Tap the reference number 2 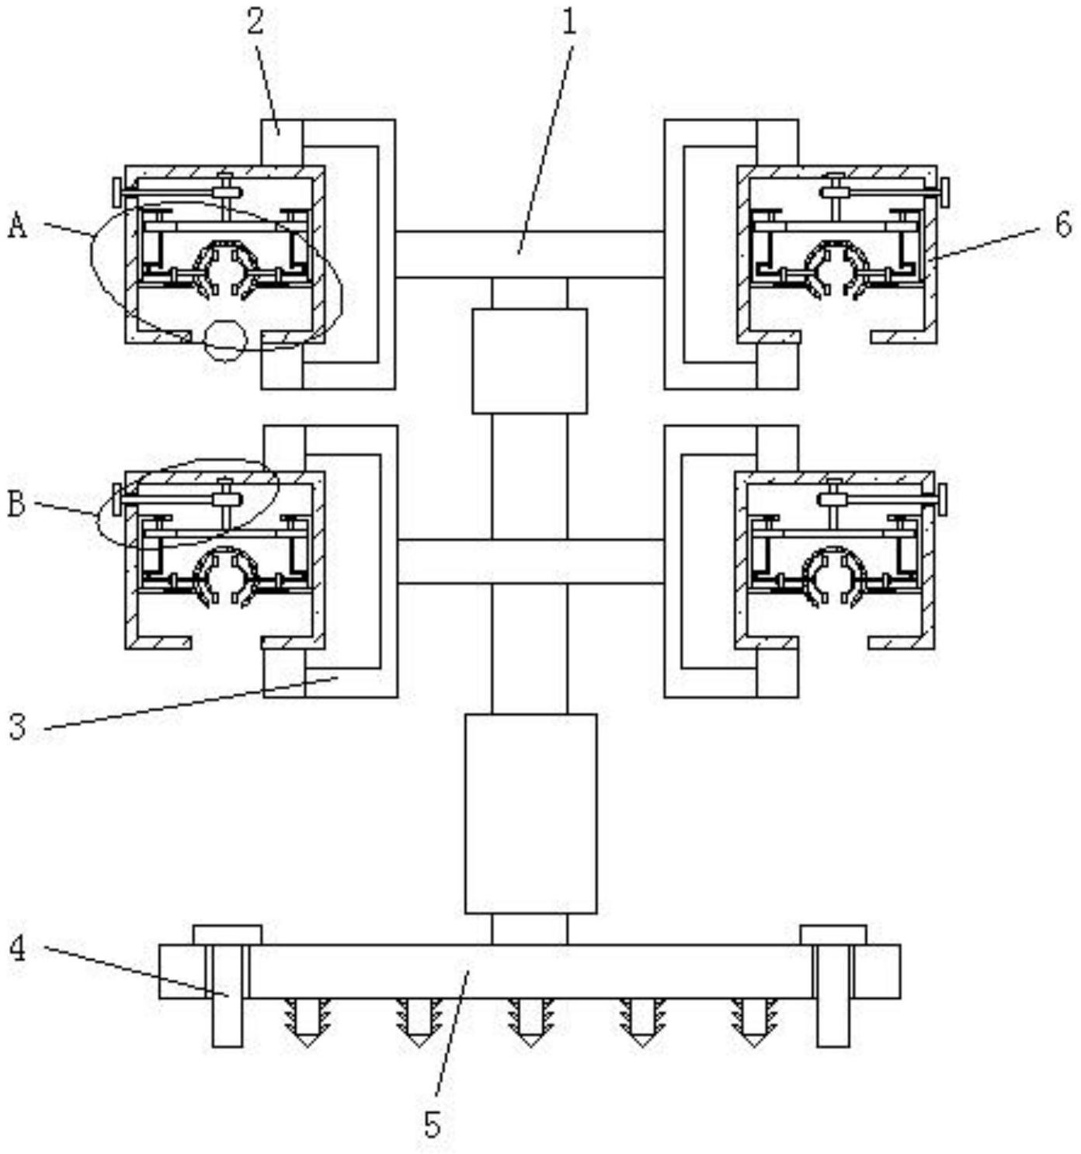(x=255, y=23)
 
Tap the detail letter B (x=17, y=504)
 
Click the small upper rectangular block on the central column (x=529, y=361)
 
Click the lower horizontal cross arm (x=530, y=561)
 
